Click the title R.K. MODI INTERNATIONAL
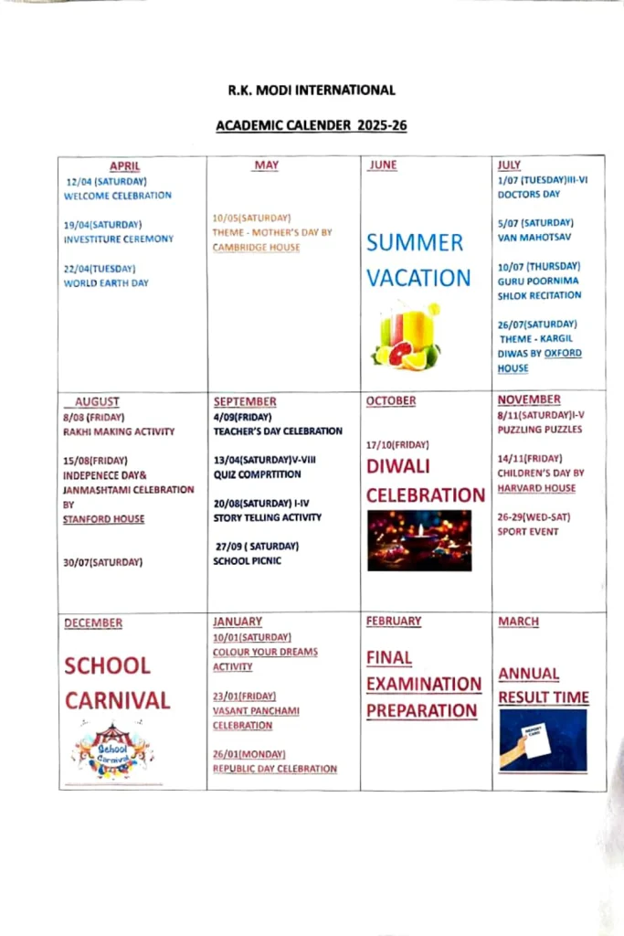[x=312, y=90]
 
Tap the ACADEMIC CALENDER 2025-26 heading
[x=312, y=125]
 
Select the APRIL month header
[x=124, y=166]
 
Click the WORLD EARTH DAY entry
[x=106, y=283]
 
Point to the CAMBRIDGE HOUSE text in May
[x=256, y=248]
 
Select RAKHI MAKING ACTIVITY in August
[x=119, y=431]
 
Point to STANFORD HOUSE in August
[x=103, y=519]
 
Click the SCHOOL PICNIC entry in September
[x=247, y=561]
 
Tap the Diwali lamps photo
[x=419, y=540]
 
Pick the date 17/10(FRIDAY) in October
[x=397, y=445]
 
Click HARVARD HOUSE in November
[x=536, y=488]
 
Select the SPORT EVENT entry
[x=528, y=532]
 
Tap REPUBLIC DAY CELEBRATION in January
[x=275, y=769]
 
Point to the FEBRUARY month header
[x=394, y=622]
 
